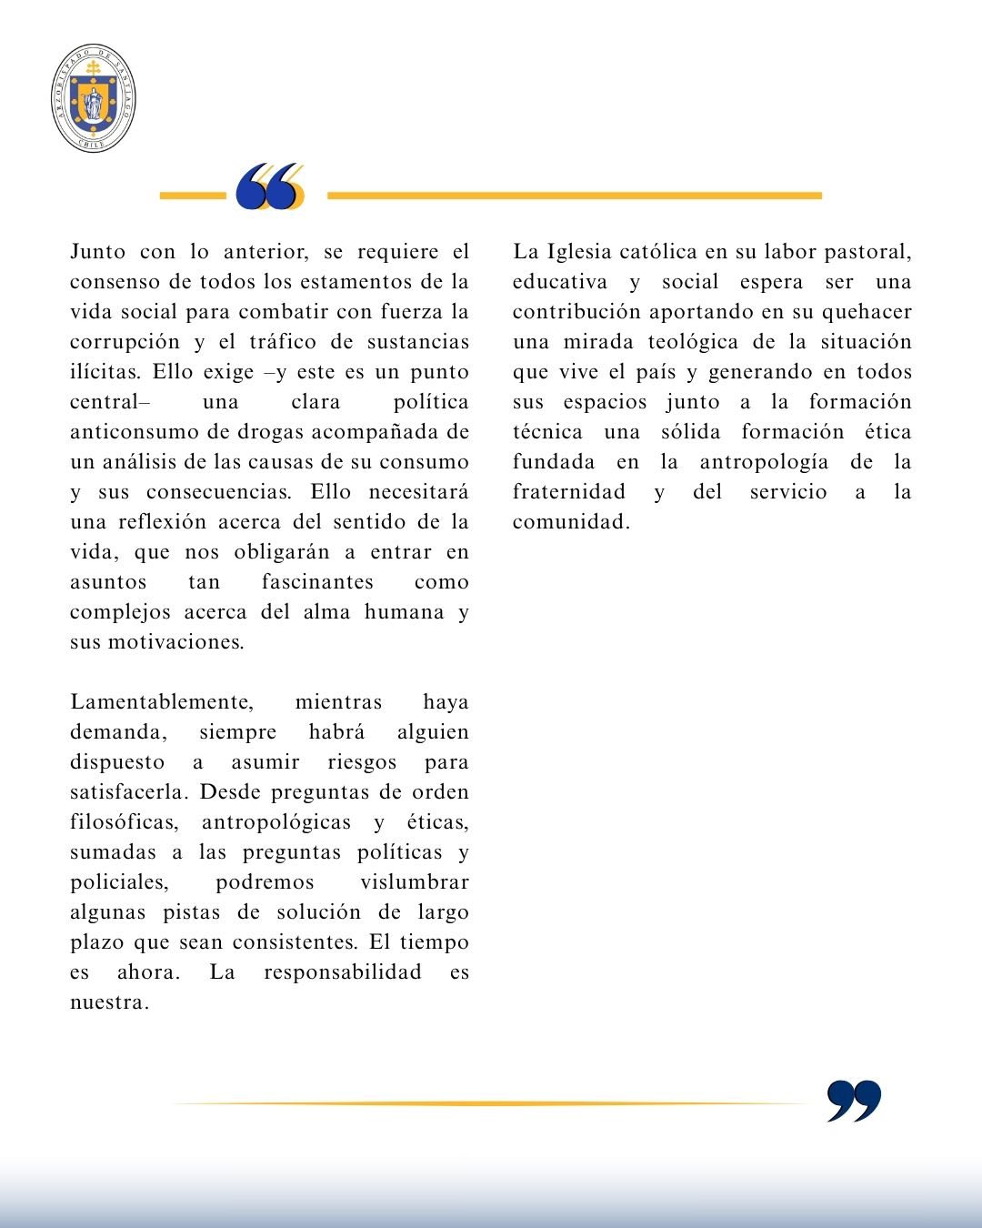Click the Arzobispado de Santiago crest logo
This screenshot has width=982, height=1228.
[x=94, y=98]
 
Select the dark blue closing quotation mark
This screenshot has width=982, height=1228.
[x=854, y=1101]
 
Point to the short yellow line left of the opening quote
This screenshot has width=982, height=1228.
[x=192, y=196]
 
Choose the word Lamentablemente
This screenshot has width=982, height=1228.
[x=162, y=702]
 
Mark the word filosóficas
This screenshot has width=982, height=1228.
[x=123, y=822]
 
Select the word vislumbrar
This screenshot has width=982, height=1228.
[x=415, y=882]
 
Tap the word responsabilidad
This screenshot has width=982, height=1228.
[x=343, y=972]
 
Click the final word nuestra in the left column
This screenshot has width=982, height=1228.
[x=108, y=1002]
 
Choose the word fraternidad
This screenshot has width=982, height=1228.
[x=569, y=492]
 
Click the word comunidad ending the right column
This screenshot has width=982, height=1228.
[x=570, y=522]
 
